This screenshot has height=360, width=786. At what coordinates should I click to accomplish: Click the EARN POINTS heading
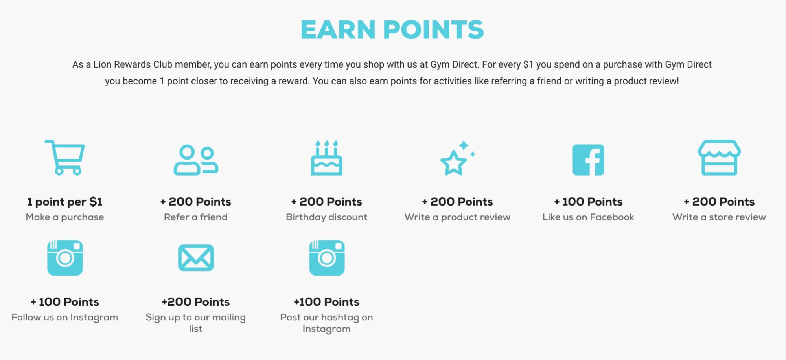[x=392, y=29]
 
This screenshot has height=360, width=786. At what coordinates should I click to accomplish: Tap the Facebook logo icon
[x=588, y=160]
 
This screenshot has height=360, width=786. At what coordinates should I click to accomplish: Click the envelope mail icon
[x=196, y=258]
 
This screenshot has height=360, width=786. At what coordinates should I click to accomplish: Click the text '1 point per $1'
[x=65, y=202]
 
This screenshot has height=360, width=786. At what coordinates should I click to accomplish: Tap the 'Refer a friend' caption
[x=196, y=217]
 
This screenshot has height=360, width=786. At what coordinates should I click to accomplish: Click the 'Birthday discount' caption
[x=327, y=217]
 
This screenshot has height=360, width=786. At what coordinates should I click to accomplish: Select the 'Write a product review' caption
[x=457, y=217]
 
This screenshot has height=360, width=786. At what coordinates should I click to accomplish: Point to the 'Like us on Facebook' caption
[x=588, y=217]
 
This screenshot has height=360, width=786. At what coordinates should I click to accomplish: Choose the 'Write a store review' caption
[x=719, y=217]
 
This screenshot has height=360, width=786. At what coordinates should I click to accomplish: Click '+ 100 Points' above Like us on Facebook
[x=588, y=202]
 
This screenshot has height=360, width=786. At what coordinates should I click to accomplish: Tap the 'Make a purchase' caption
[x=65, y=217]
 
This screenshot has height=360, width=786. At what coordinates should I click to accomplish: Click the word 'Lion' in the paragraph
[x=102, y=64]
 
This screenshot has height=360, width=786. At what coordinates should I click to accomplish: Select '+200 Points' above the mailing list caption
[x=196, y=302]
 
